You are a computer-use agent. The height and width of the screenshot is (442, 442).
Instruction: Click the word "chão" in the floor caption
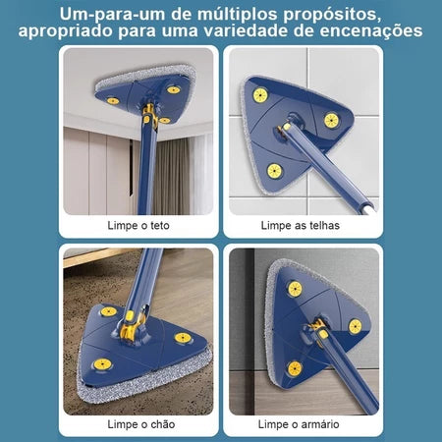click(x=160, y=423)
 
